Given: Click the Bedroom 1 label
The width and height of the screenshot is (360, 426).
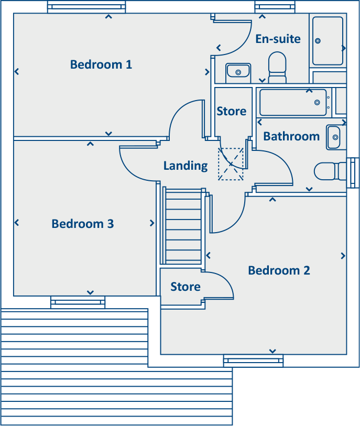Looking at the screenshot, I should [x=101, y=64].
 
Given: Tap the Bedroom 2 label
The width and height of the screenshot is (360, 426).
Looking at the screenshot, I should [x=279, y=270].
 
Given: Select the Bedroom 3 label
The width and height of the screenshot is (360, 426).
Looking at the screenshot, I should [x=83, y=224].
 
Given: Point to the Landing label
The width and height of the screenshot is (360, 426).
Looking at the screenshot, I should [x=186, y=166].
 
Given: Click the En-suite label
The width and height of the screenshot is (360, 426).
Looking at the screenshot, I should [x=278, y=39].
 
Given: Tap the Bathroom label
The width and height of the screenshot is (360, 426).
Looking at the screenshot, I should [x=291, y=136].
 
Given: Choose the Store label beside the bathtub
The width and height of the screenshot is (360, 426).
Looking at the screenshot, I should [x=232, y=111].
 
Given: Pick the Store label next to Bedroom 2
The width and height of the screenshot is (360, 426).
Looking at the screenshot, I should [x=186, y=287].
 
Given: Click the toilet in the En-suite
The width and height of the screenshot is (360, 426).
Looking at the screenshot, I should [x=277, y=67].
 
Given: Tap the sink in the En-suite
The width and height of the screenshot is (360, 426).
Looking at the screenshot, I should [x=238, y=72].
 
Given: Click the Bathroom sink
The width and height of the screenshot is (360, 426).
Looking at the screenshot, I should [x=334, y=137].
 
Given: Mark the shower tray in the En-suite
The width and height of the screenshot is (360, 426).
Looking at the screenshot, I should [x=328, y=41].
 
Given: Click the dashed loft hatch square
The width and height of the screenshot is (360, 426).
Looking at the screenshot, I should [x=231, y=164].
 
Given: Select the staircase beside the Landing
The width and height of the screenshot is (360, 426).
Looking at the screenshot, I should [x=183, y=226].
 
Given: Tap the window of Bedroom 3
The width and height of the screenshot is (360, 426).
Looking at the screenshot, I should [x=78, y=302].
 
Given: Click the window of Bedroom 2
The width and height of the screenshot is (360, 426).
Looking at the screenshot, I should [x=253, y=360].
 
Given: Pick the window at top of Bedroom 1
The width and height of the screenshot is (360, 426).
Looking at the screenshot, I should [x=86, y=7].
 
